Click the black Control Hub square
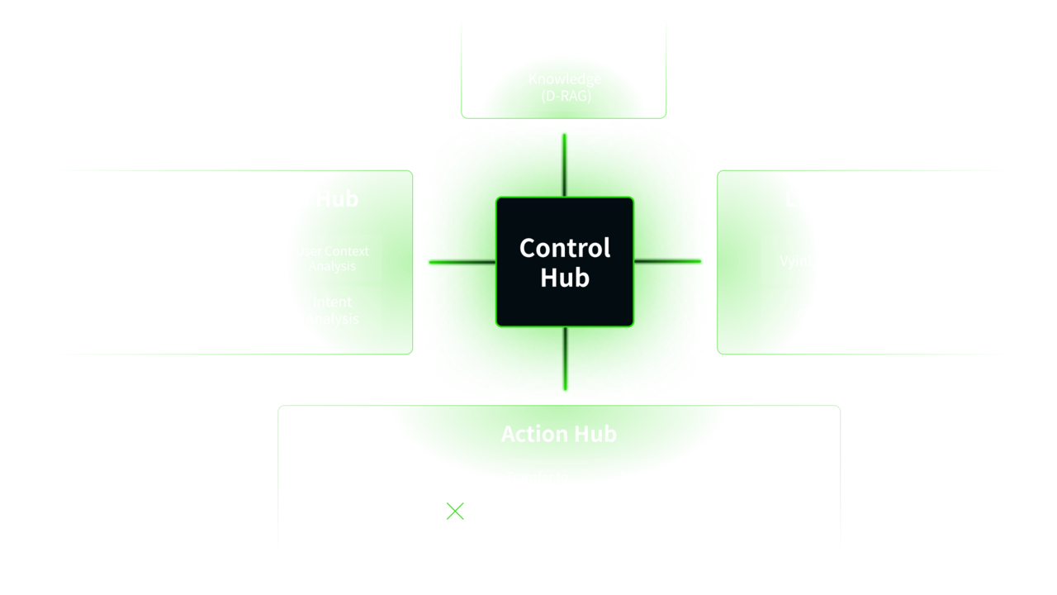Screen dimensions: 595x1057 (x=565, y=261)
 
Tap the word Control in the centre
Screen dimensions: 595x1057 (x=565, y=248)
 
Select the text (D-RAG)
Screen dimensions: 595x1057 (x=565, y=95)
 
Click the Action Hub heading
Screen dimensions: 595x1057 (x=559, y=434)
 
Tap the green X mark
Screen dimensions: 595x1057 (x=455, y=512)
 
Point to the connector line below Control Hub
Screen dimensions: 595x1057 (x=565, y=364)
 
